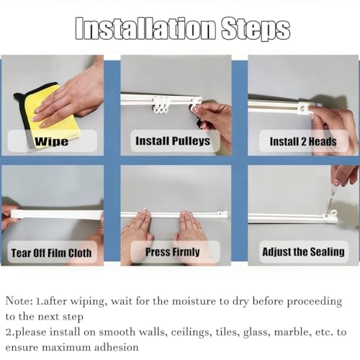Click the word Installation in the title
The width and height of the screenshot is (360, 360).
145,29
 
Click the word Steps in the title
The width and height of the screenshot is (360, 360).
256,29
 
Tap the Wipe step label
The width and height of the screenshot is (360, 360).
52,141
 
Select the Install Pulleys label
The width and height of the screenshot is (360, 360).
173,141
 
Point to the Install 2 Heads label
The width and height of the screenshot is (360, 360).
303,141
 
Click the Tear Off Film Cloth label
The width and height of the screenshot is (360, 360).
52,253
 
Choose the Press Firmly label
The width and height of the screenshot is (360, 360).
173,252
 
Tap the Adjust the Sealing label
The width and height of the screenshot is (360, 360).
304,252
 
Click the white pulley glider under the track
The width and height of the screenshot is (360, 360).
160,105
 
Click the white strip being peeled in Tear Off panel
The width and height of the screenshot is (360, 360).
57,214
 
